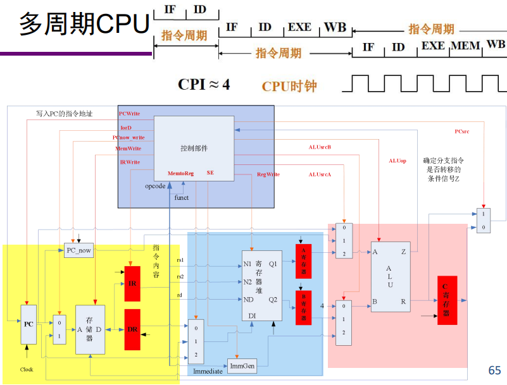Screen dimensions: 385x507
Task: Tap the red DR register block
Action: pos(132,329)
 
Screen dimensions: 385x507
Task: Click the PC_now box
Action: pos(79,250)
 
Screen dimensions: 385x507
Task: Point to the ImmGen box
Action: pos(242,366)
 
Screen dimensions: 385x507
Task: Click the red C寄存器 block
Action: pos(447,300)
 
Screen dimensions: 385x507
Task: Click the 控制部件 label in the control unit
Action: pos(194,148)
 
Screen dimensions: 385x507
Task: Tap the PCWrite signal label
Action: pos(130,114)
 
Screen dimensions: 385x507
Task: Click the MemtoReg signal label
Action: pos(180,173)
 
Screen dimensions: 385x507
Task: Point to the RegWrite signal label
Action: pos(268,174)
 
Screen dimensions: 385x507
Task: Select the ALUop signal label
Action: pos(397,161)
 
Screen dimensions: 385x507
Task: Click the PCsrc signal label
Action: pos(462,131)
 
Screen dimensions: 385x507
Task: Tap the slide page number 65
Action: pos(494,370)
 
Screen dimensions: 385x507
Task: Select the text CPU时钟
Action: pos(289,87)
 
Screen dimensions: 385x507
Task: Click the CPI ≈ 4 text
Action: pos(204,85)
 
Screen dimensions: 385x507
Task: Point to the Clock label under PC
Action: pos(27,369)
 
